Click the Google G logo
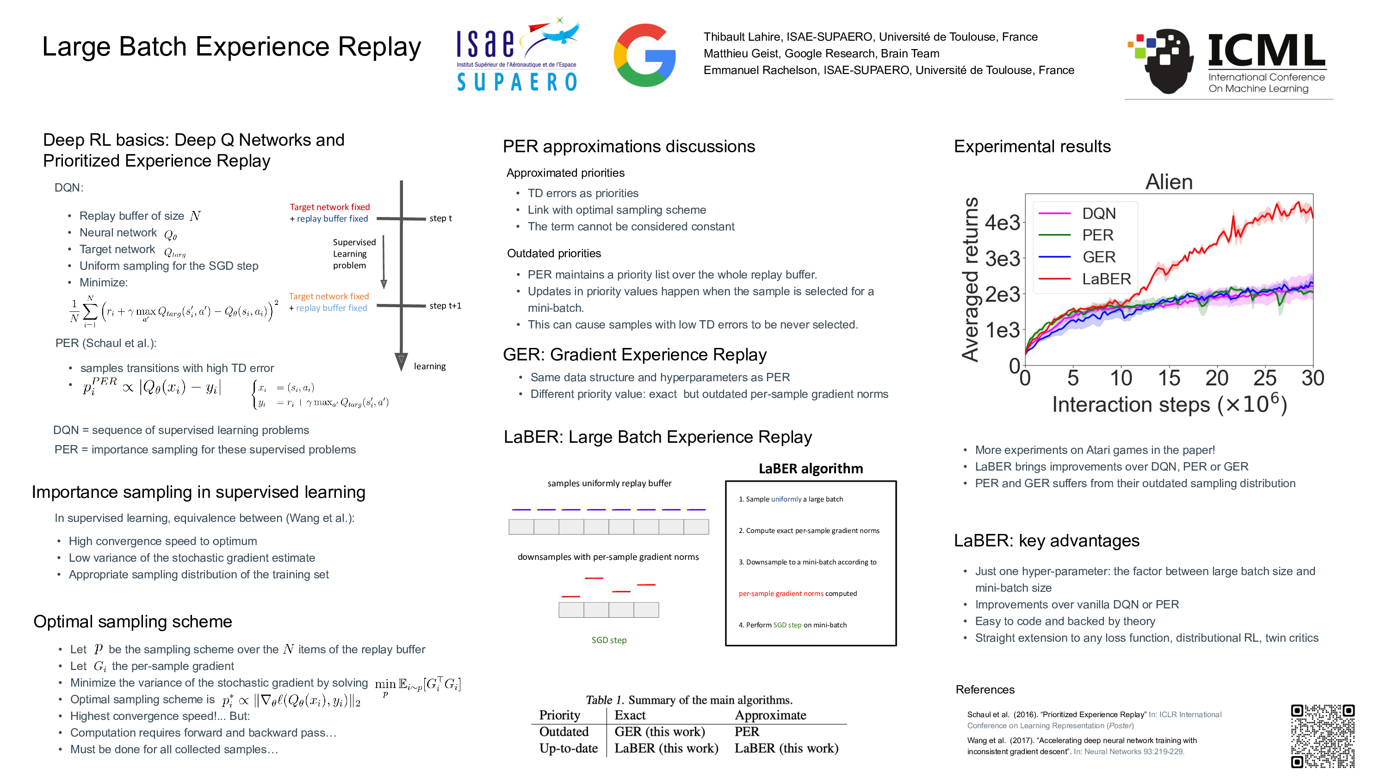coord(644,55)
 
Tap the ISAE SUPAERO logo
coord(517,54)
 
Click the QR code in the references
coord(1322,736)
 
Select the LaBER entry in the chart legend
coord(1106,279)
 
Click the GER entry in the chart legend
coord(1099,257)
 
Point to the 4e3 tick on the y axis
coord(1002,223)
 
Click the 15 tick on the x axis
coord(1169,378)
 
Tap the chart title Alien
coord(1169,182)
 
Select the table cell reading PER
coord(747,731)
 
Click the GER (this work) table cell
coord(659,731)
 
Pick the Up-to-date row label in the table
coord(569,748)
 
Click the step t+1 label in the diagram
coord(445,306)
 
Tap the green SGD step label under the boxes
coord(609,640)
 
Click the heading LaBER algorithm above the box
coord(811,468)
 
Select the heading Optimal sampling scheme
coord(132,621)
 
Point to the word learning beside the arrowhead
coord(429,366)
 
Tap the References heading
coord(985,689)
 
